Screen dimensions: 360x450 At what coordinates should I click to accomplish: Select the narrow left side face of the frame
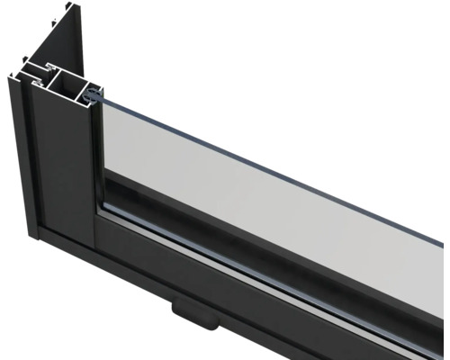click(27, 162)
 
